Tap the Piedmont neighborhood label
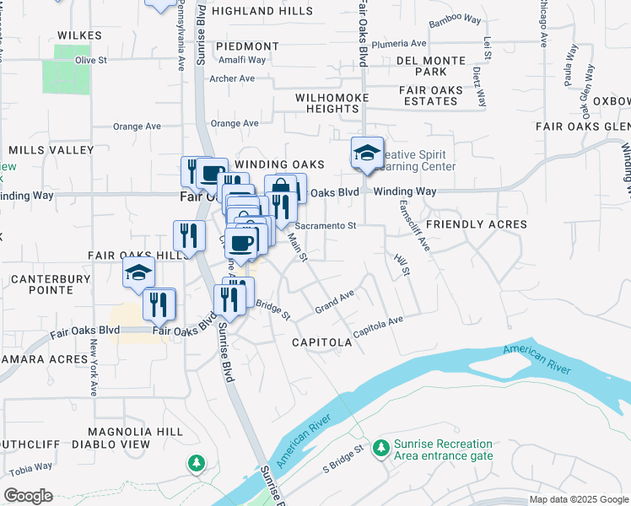247,46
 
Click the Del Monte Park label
430,67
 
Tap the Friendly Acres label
477,225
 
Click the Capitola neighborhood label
321,343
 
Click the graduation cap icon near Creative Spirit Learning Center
367,153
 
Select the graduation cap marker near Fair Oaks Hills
139,272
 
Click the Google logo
28,496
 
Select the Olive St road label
91,61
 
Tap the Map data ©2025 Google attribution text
579,499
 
